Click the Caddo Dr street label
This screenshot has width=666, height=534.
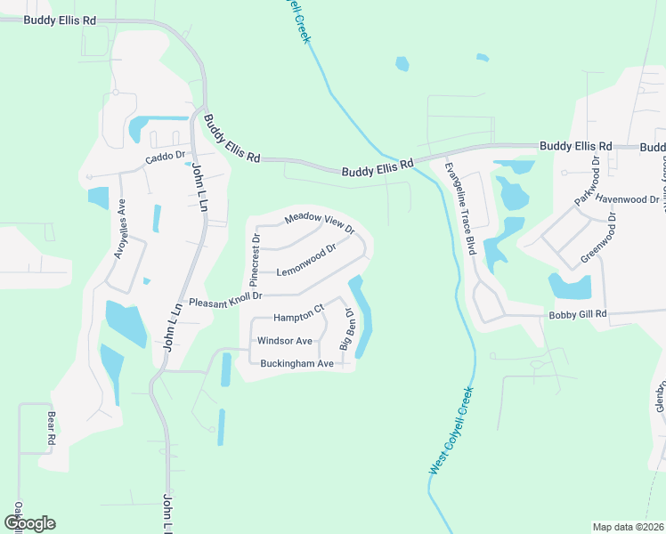164,158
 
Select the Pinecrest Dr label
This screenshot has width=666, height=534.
256,253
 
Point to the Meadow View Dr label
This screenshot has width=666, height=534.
319,222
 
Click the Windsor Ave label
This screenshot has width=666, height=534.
284,341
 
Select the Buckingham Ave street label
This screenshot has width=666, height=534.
296,363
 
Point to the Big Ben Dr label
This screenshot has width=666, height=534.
348,329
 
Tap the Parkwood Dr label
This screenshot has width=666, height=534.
588,181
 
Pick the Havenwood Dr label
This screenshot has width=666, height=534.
628,199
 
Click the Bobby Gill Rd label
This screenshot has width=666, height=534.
577,314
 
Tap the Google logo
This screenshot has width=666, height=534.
30,522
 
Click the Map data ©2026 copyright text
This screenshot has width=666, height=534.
628,527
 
